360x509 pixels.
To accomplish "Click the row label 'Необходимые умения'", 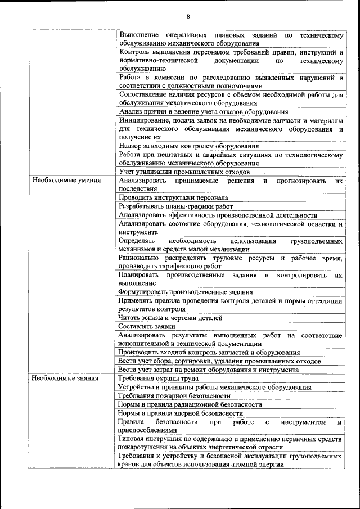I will click(x=66, y=181).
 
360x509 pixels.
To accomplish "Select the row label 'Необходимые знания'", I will click(x=65, y=379).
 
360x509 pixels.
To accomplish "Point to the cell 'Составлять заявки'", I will click(x=147, y=326).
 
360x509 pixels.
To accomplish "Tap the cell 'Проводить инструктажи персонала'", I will click(x=173, y=198).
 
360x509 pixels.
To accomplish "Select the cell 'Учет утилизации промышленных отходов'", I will click(x=184, y=172).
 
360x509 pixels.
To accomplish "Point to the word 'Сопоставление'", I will click(x=145, y=94).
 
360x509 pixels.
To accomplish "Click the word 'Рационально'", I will click(x=141, y=258).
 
